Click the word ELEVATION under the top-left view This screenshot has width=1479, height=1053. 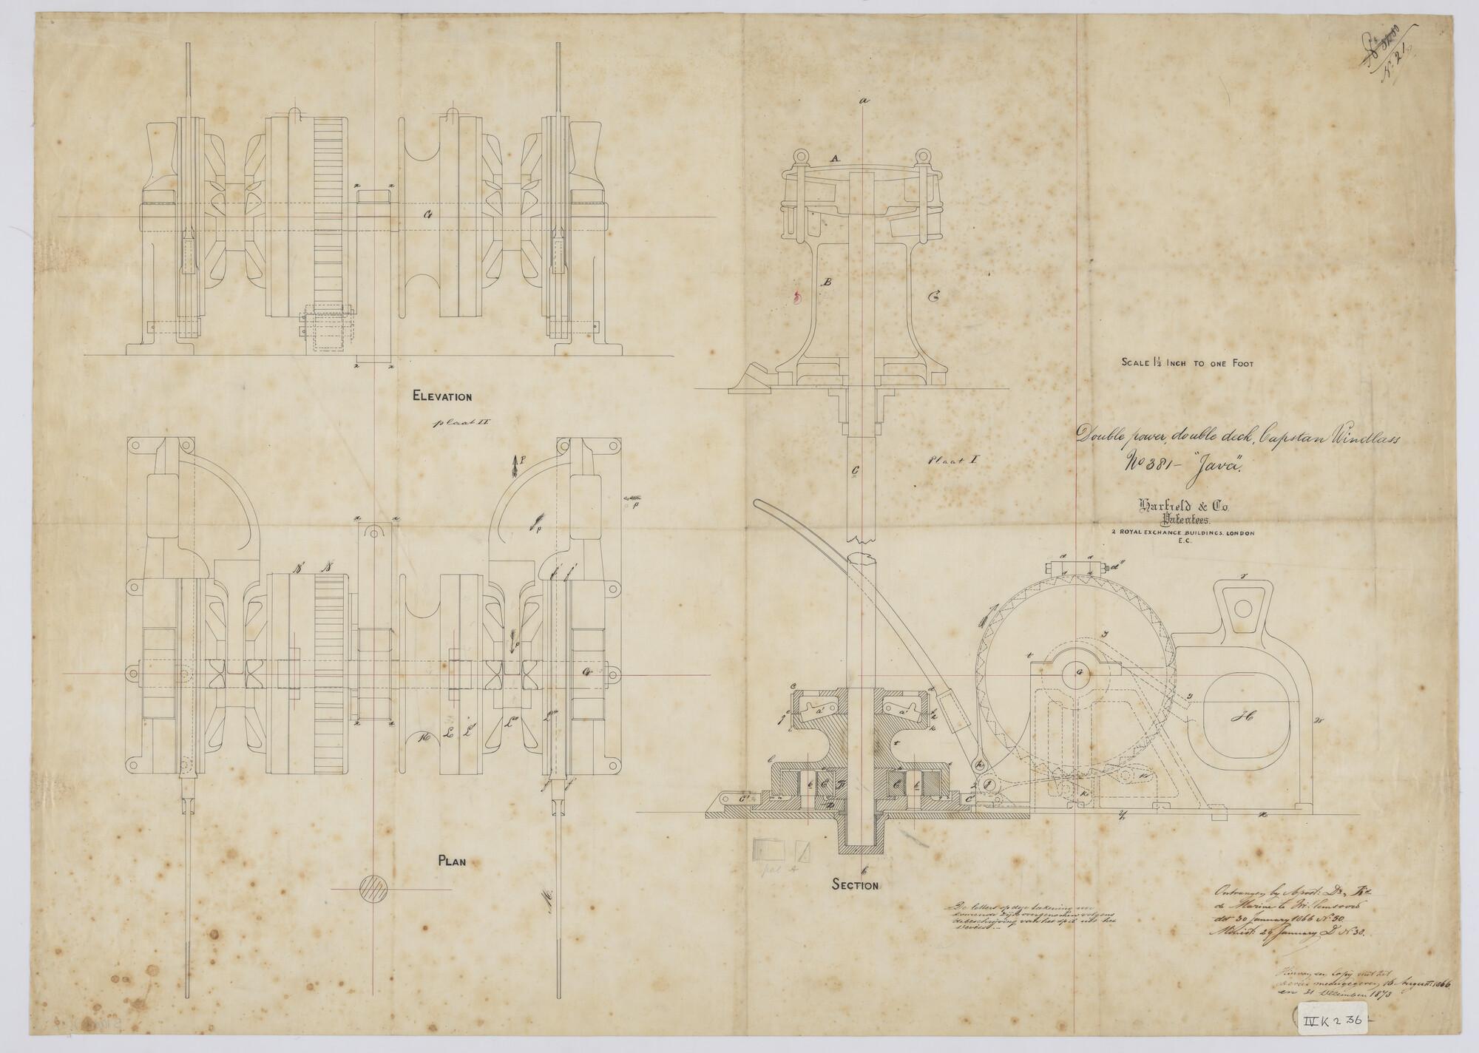441,397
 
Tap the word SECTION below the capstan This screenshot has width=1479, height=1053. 854,885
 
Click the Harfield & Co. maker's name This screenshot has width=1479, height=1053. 1174,507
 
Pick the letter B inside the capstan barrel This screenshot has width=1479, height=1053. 828,282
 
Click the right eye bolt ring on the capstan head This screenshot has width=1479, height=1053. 921,157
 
